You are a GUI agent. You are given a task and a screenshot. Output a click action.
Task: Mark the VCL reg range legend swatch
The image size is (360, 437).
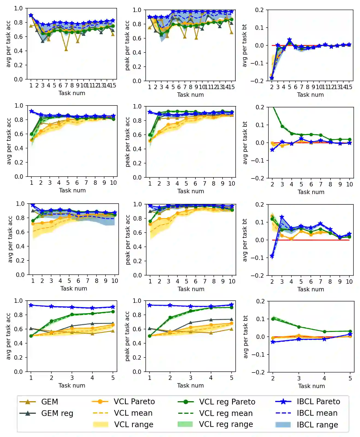pyautogui.click(x=185, y=424)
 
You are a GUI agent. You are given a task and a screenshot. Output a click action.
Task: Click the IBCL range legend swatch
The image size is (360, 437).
pyautogui.click(x=283, y=425)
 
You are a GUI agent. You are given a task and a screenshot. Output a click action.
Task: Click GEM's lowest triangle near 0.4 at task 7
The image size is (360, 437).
pyautogui.click(x=66, y=49)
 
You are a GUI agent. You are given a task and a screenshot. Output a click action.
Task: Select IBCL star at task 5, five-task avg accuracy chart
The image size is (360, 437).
pyautogui.click(x=113, y=307)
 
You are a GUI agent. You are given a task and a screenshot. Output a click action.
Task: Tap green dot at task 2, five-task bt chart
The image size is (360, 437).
pyautogui.click(x=273, y=319)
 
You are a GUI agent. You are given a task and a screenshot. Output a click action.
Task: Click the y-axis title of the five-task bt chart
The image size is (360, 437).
pyautogui.click(x=245, y=337)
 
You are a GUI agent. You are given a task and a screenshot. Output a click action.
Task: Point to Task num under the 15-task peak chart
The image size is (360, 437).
pyautogui.click(x=190, y=95)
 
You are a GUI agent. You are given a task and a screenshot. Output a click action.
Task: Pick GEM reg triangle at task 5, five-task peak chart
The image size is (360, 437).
pyautogui.click(x=232, y=319)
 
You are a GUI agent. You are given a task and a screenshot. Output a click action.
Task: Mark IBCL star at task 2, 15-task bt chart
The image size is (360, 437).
pyautogui.click(x=271, y=78)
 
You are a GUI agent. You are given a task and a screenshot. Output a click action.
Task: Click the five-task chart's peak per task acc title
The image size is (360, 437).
pyautogui.click(x=127, y=336)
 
